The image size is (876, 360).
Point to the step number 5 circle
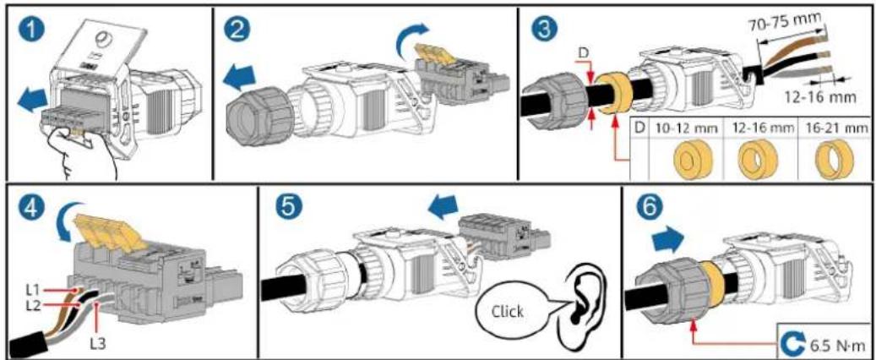tap(286, 210)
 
